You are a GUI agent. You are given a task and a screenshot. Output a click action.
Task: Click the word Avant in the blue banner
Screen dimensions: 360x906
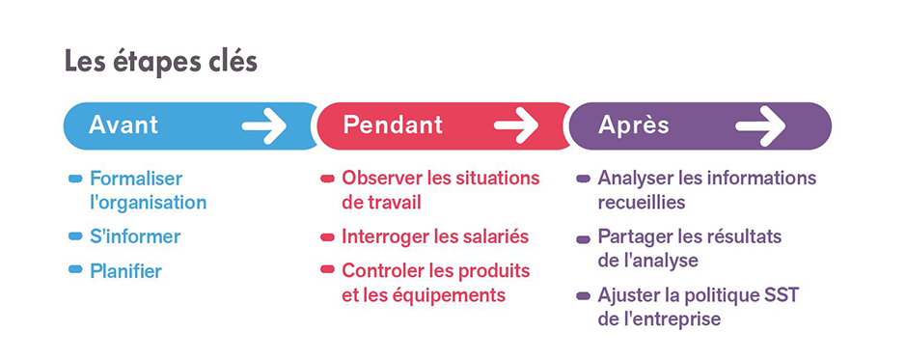(124, 125)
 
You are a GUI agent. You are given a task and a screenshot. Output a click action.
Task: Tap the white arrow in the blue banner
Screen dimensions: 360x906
(264, 125)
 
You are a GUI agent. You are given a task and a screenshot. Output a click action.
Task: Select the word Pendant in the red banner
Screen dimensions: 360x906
(393, 125)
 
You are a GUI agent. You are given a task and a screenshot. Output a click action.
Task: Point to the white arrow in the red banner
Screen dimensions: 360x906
(515, 125)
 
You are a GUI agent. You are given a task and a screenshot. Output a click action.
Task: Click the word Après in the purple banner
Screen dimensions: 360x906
(634, 125)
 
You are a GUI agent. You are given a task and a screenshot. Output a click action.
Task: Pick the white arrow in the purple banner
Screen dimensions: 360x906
(761, 125)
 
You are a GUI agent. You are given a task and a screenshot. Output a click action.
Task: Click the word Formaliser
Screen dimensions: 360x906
(136, 179)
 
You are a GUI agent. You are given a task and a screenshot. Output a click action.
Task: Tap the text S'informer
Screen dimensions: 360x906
(135, 236)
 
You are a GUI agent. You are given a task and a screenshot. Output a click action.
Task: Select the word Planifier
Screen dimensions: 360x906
(125, 271)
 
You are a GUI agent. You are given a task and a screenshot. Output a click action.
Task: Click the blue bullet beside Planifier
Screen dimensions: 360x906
(75, 270)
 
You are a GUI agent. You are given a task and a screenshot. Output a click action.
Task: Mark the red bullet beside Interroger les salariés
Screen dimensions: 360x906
(327, 236)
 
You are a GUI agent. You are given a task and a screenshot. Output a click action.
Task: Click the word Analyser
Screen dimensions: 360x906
(636, 179)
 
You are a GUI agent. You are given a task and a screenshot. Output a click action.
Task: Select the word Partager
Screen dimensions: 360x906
(634, 236)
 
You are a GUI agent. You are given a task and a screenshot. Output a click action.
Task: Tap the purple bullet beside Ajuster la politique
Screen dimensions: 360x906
(583, 295)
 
